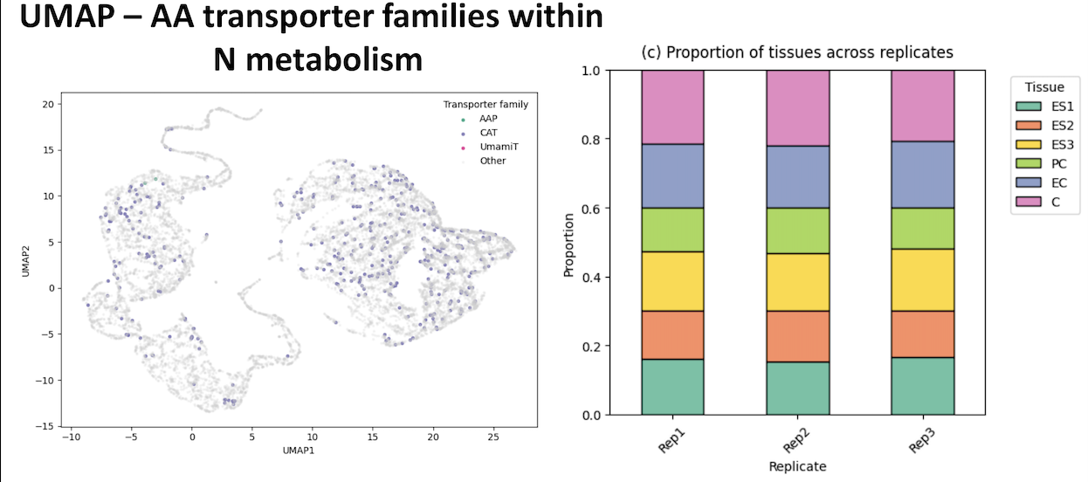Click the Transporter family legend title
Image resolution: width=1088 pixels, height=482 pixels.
(485, 105)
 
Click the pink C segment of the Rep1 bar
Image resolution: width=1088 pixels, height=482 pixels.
(672, 107)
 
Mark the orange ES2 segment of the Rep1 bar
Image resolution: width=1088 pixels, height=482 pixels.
(672, 334)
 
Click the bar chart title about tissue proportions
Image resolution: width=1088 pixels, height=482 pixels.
(797, 52)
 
